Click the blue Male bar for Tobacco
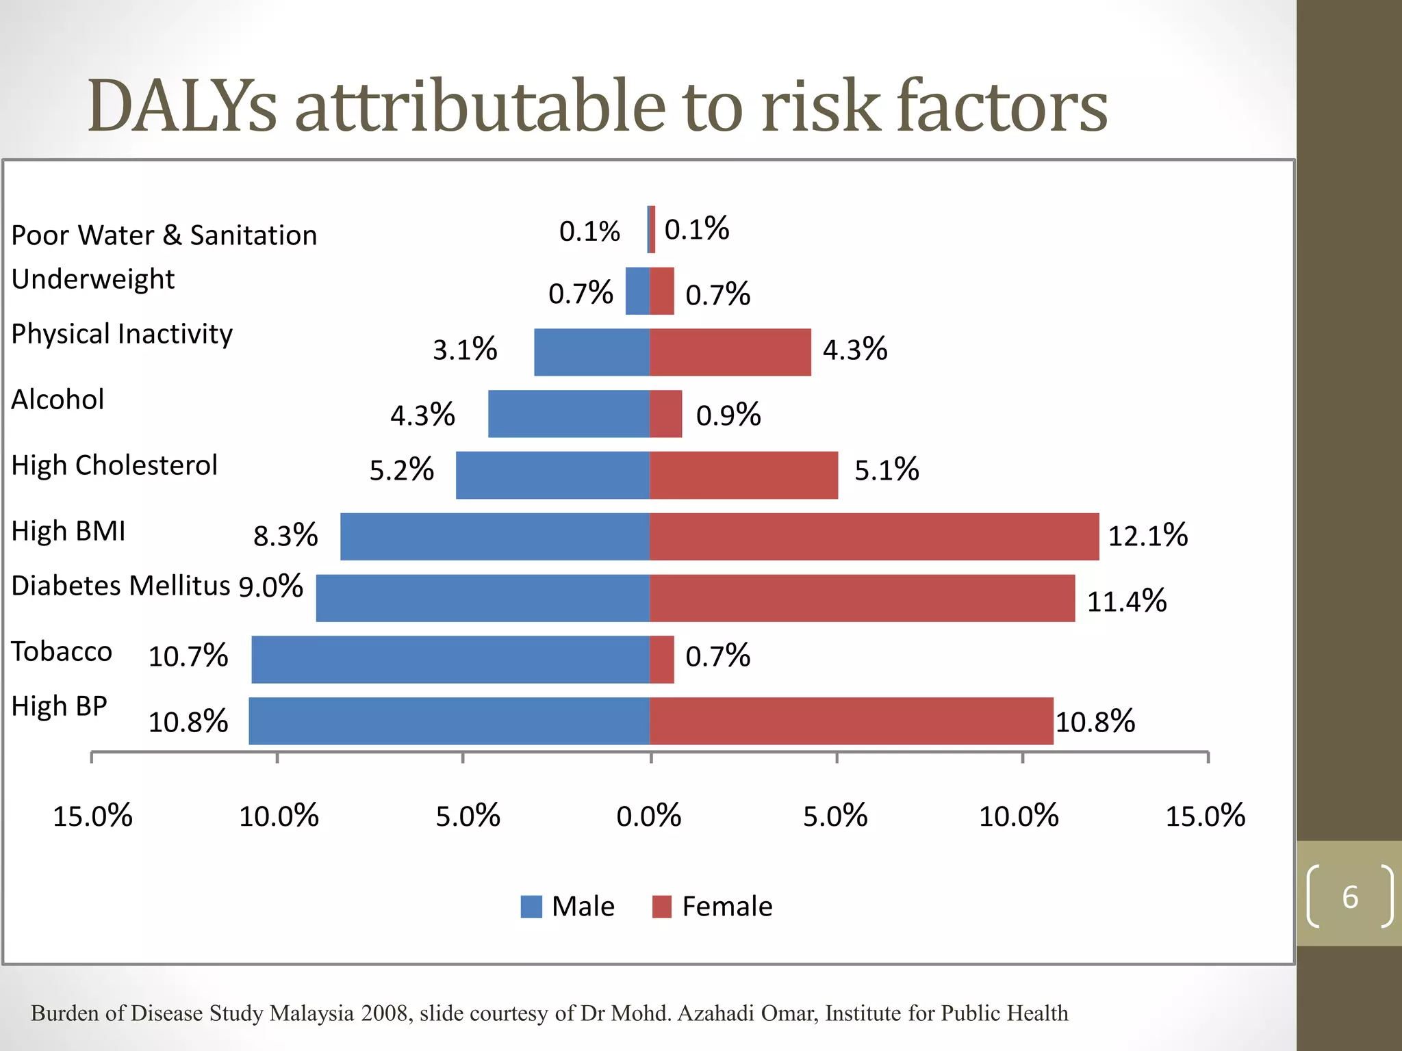[x=450, y=660]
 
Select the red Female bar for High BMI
[x=874, y=536]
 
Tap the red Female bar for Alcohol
[x=666, y=414]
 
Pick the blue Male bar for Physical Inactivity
[x=591, y=352]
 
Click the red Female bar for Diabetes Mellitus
[x=862, y=598]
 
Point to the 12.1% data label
[x=1147, y=536]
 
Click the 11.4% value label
[x=1126, y=601]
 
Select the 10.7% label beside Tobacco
[x=188, y=656]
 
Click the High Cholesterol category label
[x=114, y=465]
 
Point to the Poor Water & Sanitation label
[x=164, y=235]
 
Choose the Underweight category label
[x=93, y=279]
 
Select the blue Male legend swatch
[x=531, y=907]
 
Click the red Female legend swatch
[x=661, y=907]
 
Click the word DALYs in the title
[x=182, y=107]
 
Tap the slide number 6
[x=1349, y=897]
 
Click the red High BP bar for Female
[x=851, y=721]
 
